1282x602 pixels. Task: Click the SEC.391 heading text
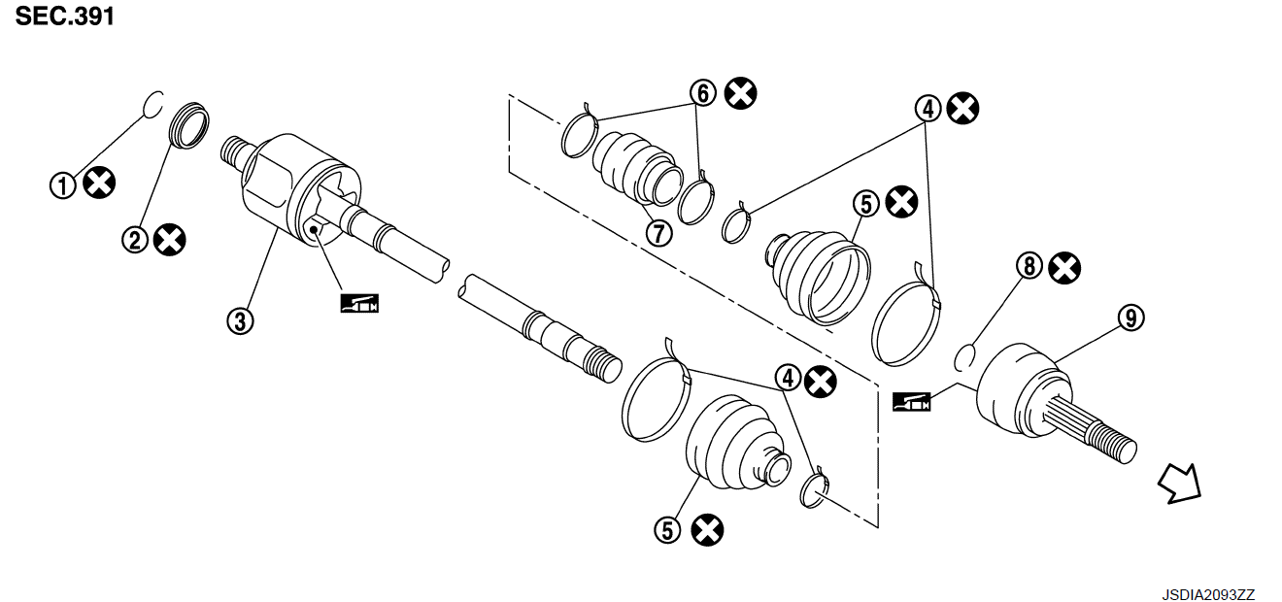pos(65,17)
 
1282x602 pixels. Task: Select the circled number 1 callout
pos(63,186)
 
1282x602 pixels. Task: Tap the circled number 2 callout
pos(135,241)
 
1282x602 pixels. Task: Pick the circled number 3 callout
pos(240,321)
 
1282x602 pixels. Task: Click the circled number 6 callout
pos(703,93)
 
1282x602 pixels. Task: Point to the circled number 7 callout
pos(658,233)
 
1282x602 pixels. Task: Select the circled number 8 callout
pos(1029,266)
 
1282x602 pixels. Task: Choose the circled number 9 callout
pos(1130,318)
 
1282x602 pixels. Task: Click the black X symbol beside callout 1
pos(99,183)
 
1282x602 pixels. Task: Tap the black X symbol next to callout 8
pos(1064,268)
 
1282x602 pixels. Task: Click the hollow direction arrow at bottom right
pos(1180,485)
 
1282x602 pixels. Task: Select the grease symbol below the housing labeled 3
pos(359,303)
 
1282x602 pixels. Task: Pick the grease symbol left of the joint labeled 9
pos(912,402)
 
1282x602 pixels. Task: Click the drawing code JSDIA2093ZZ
pos(1208,594)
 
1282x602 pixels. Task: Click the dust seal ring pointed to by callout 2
pos(189,125)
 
